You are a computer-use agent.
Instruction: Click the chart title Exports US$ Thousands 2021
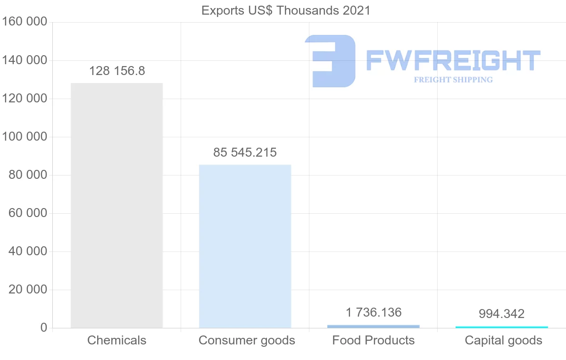pos(286,10)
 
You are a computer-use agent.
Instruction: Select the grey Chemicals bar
pos(117,205)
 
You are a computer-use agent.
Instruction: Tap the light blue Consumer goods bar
pos(245,246)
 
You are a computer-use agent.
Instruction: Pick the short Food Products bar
pos(373,326)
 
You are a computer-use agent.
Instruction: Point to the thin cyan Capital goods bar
pos(501,327)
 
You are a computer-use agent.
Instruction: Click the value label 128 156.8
pos(117,71)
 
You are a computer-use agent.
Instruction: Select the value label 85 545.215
pos(245,153)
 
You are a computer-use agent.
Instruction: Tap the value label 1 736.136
pos(373,312)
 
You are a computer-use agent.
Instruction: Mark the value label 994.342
pos(501,314)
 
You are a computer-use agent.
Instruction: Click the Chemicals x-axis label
pos(117,340)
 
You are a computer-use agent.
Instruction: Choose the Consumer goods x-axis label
pos(247,340)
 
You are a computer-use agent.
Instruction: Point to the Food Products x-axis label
pos(373,340)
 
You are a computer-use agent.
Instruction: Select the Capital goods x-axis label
pos(503,340)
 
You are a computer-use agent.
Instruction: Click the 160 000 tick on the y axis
pos(25,22)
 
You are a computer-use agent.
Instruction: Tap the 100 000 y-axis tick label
pos(25,137)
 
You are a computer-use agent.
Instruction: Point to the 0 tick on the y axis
pos(43,328)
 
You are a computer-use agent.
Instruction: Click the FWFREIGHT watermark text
pos(453,60)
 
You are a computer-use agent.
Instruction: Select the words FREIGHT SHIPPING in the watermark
pos(453,80)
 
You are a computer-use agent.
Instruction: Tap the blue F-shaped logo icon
pos(330,61)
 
